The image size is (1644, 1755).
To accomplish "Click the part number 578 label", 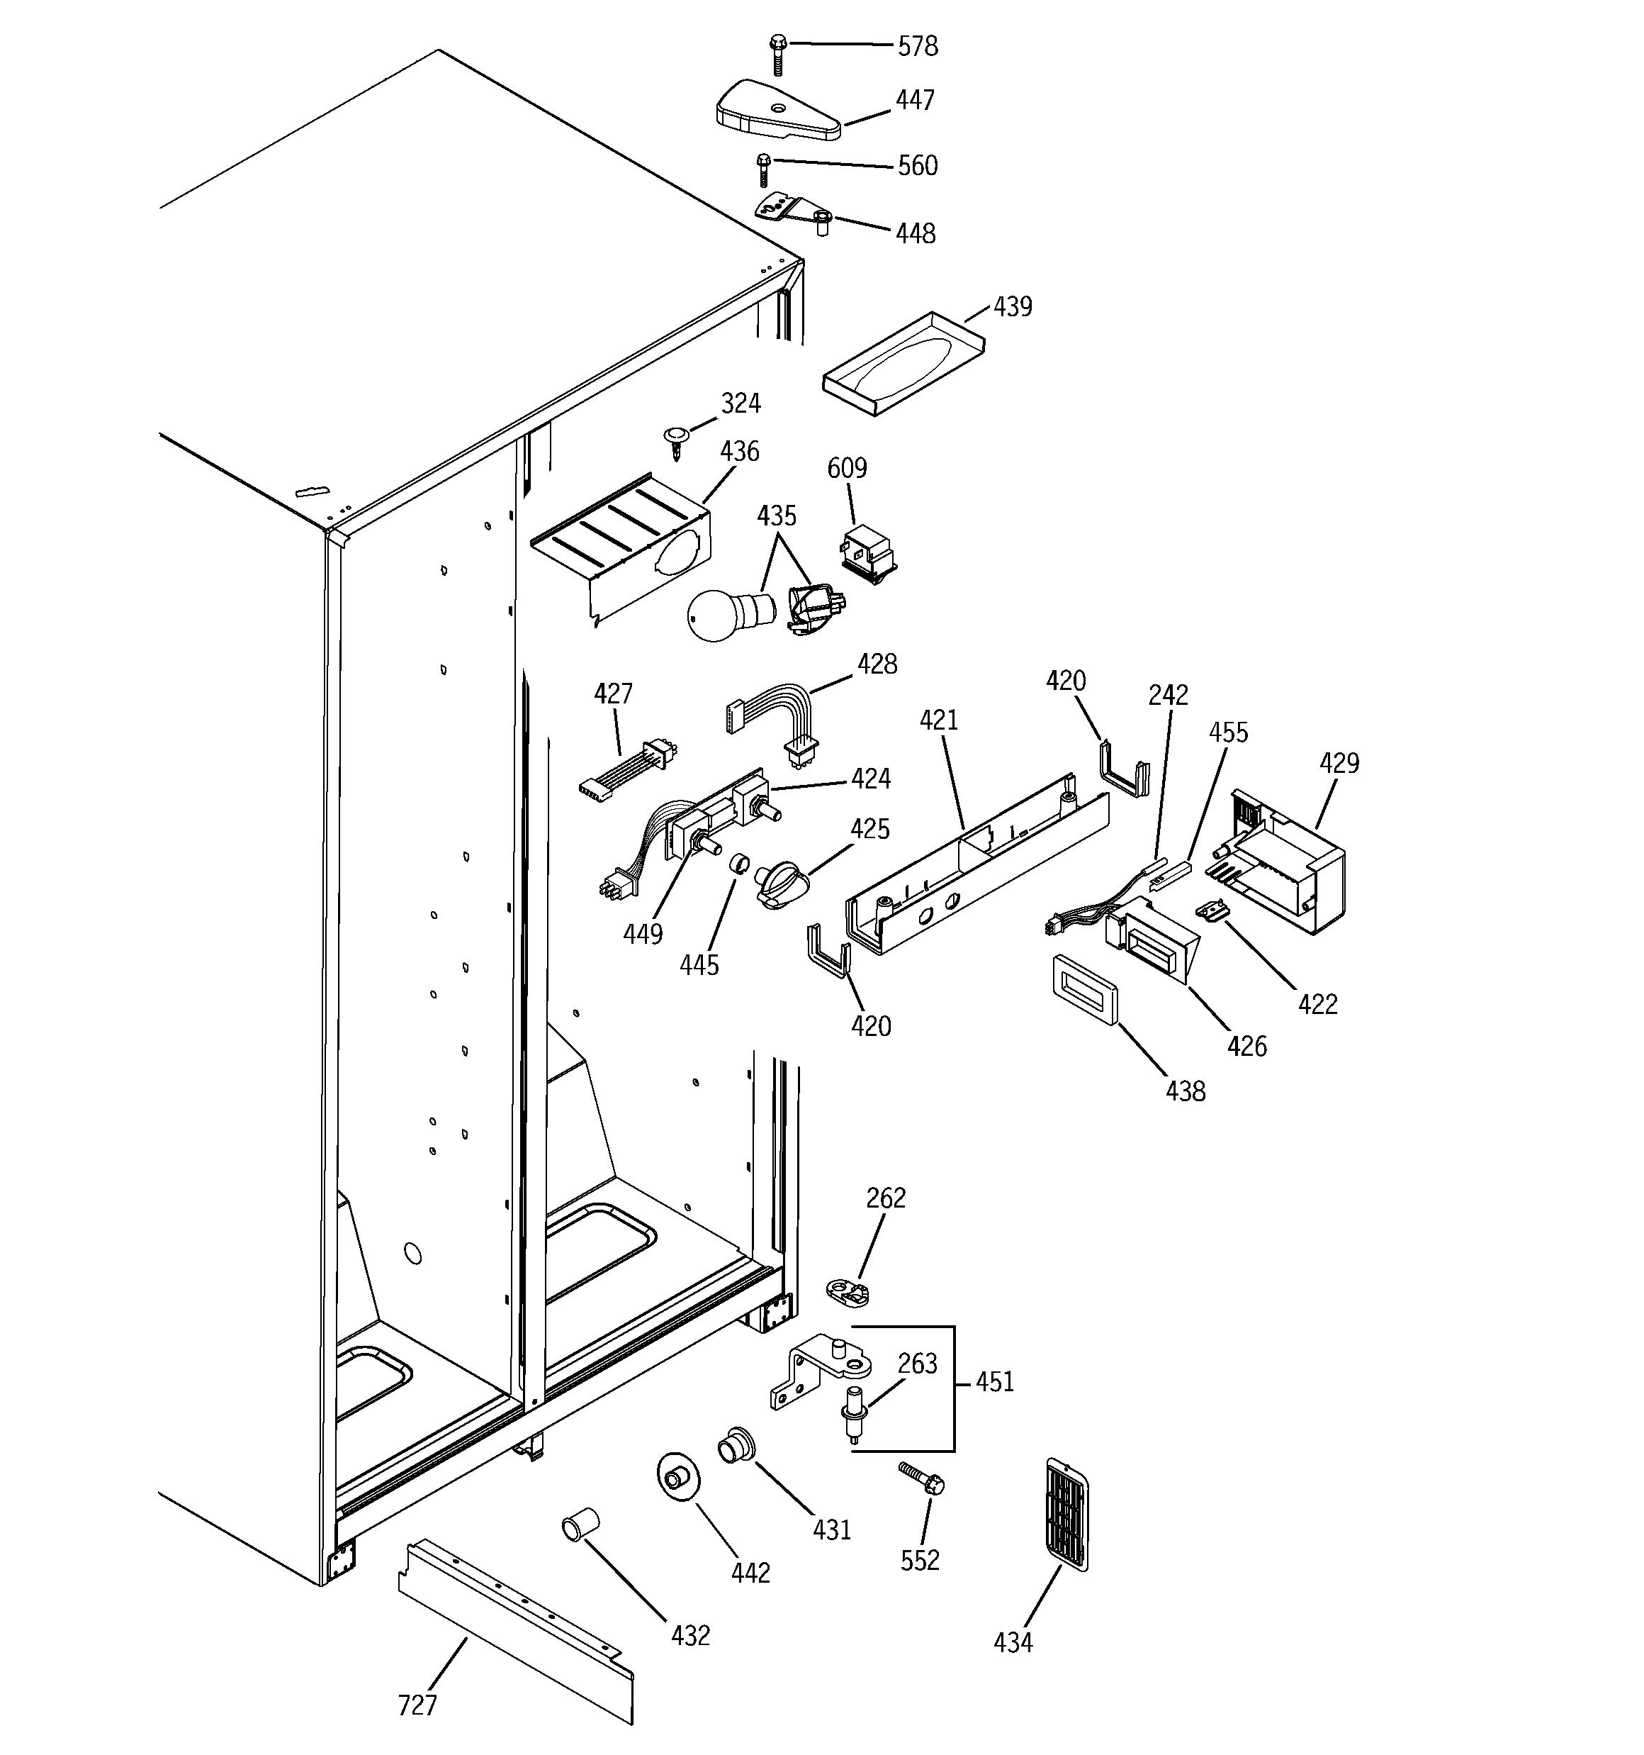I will tap(917, 46).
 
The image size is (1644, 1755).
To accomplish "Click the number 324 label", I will tap(740, 403).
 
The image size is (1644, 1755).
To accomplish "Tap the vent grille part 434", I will tap(1066, 1514).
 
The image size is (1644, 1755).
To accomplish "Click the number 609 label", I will tap(846, 468).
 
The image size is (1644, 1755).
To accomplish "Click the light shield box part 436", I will tap(622, 555).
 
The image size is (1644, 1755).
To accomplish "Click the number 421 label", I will tap(938, 720).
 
